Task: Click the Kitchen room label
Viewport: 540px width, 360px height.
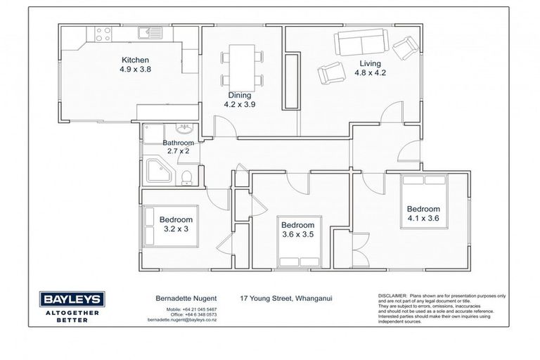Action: pos(135,60)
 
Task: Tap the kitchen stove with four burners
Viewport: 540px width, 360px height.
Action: pos(103,34)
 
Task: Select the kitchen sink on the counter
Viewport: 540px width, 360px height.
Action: pos(148,32)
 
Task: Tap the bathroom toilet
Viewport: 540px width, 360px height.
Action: pos(187,176)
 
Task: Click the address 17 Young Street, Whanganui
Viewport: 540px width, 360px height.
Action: pos(285,298)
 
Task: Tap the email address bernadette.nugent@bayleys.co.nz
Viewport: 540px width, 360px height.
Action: pos(181,320)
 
